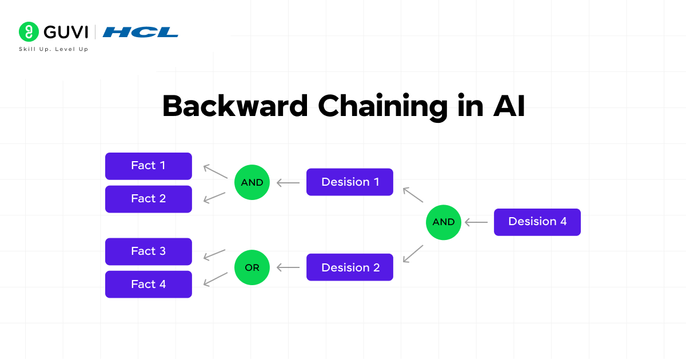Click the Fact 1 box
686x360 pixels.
(x=149, y=166)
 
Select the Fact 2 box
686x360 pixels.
(x=149, y=199)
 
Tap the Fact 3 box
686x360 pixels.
(x=149, y=251)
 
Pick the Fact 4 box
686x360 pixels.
(x=149, y=284)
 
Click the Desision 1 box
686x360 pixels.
(x=350, y=182)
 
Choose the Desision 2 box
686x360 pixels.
(x=350, y=267)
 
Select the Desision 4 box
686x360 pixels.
(x=537, y=222)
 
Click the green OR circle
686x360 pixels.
(x=252, y=267)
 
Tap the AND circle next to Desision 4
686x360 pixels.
(x=444, y=222)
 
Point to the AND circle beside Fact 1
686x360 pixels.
(x=252, y=182)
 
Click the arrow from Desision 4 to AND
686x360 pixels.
(x=476, y=222)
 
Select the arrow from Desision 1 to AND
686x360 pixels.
(x=288, y=183)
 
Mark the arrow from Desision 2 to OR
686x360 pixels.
(x=288, y=267)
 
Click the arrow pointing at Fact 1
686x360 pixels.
(x=214, y=171)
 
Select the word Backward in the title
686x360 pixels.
(x=235, y=106)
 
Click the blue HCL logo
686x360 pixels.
(x=140, y=32)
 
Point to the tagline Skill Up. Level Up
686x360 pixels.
(x=54, y=49)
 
